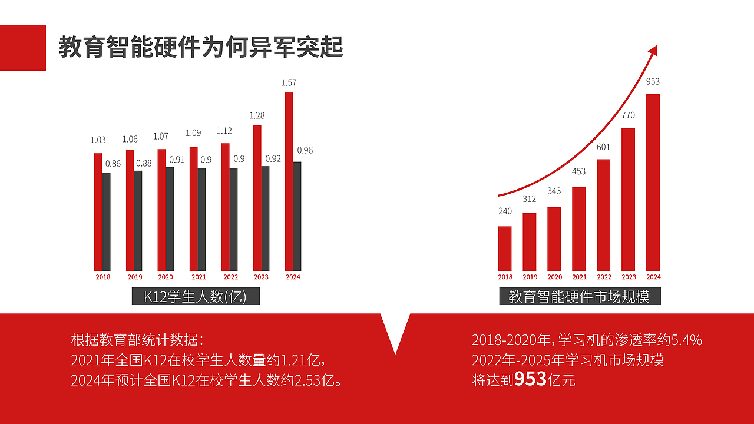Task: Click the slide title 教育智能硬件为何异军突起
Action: tap(201, 47)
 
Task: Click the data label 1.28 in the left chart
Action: tap(257, 115)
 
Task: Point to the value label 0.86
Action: tap(112, 164)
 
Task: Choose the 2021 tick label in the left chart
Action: tap(199, 277)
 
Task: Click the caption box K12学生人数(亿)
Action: tap(196, 296)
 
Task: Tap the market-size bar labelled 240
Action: tap(505, 248)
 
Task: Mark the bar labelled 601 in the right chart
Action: tap(603, 214)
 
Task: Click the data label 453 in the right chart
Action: tap(578, 171)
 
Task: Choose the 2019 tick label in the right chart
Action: tap(530, 277)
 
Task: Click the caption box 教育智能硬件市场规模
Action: tap(580, 296)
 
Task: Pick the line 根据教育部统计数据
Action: tap(137, 340)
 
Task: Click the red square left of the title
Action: tap(23, 47)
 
